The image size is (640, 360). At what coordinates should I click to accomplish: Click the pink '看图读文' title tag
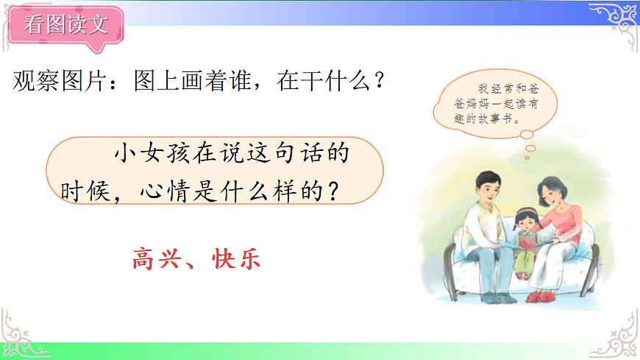pyautogui.click(x=65, y=26)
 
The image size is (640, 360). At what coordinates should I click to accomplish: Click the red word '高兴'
pyautogui.click(x=157, y=259)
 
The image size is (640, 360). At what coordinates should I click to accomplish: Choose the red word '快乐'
pyautogui.click(x=235, y=259)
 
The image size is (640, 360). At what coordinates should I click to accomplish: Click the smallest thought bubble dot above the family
pyautogui.click(x=528, y=156)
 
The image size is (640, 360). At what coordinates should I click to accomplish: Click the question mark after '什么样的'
pyautogui.click(x=333, y=191)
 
